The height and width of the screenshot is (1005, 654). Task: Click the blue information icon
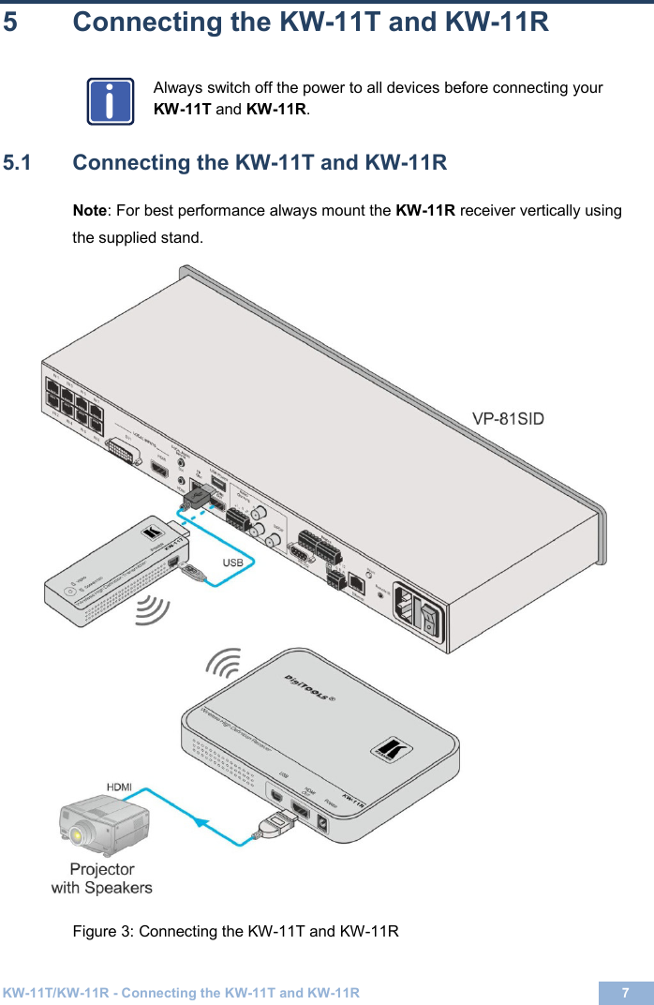[x=111, y=102]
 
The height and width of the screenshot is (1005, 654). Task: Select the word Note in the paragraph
[x=91, y=210]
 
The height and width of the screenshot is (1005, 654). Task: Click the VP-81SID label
[x=507, y=419]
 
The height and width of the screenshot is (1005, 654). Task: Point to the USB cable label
[x=234, y=562]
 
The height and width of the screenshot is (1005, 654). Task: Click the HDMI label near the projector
[x=119, y=788]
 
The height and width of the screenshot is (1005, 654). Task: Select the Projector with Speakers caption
[x=101, y=878]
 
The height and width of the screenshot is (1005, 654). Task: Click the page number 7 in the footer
[x=626, y=992]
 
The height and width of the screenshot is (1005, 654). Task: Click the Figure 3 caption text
[x=236, y=931]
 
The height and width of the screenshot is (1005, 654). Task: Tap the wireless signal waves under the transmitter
[x=152, y=607]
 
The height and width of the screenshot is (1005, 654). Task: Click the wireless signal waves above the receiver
[x=222, y=664]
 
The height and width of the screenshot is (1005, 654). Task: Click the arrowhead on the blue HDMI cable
[x=199, y=820]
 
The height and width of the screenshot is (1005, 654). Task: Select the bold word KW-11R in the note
[x=425, y=210]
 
